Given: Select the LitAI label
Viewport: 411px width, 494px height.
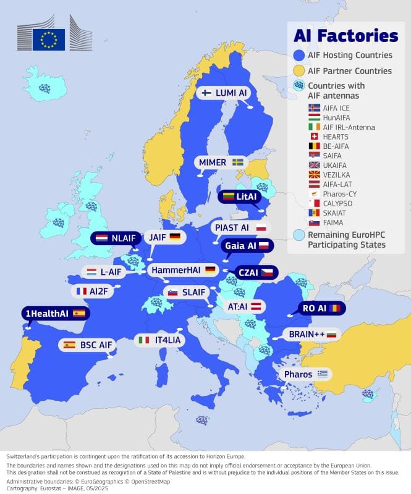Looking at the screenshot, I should coord(240,196).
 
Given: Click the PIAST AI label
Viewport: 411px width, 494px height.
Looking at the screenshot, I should coord(239,227).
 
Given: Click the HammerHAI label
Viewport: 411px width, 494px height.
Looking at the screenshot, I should coord(183,270).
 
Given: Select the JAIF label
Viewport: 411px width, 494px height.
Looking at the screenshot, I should coord(164,237).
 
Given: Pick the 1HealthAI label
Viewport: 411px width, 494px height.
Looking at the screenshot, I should coord(54,313).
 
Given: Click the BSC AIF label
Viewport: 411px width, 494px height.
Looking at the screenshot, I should coord(87,345).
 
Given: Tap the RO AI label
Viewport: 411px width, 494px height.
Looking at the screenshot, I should coord(320,308).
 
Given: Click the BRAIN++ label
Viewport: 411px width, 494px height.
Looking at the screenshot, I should coord(311,334).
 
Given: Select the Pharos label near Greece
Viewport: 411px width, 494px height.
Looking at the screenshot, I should coord(304,374).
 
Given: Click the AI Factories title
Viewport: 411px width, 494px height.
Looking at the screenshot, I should coord(345,36).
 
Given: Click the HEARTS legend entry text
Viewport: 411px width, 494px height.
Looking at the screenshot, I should coord(336,136).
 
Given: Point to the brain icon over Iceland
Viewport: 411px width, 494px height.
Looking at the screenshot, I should coord(44,88).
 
